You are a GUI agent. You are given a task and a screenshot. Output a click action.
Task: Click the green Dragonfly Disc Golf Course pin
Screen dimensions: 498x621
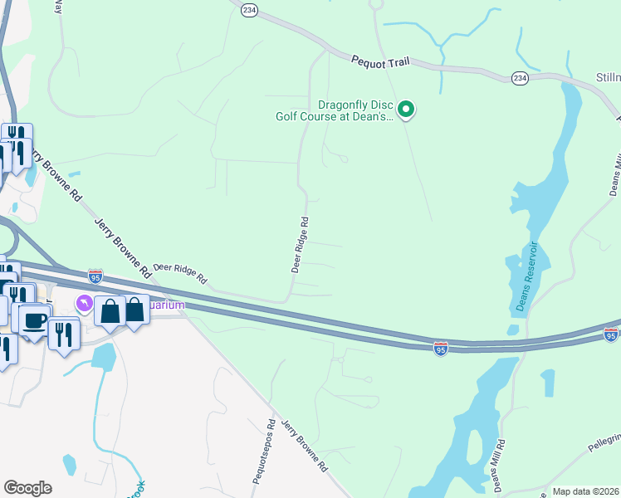(406, 109)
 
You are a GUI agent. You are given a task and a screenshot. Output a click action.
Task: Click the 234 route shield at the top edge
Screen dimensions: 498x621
(250, 9)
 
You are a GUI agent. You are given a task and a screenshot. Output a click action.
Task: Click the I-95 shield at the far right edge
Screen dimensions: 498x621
(610, 334)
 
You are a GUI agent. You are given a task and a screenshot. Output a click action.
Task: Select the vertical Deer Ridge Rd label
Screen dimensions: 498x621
(301, 246)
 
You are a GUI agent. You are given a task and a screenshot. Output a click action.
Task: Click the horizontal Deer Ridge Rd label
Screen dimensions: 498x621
(179, 274)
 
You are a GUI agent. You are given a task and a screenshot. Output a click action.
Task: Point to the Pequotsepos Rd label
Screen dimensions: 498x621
(271, 436)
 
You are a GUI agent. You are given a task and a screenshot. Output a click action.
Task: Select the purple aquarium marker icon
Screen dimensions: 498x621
(84, 305)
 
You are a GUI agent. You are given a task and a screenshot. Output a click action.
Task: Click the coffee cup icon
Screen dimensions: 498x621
(34, 320)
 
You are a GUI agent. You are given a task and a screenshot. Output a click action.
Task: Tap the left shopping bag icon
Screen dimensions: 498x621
(109, 310)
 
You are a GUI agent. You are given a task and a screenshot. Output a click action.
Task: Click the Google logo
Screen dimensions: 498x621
(27, 488)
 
